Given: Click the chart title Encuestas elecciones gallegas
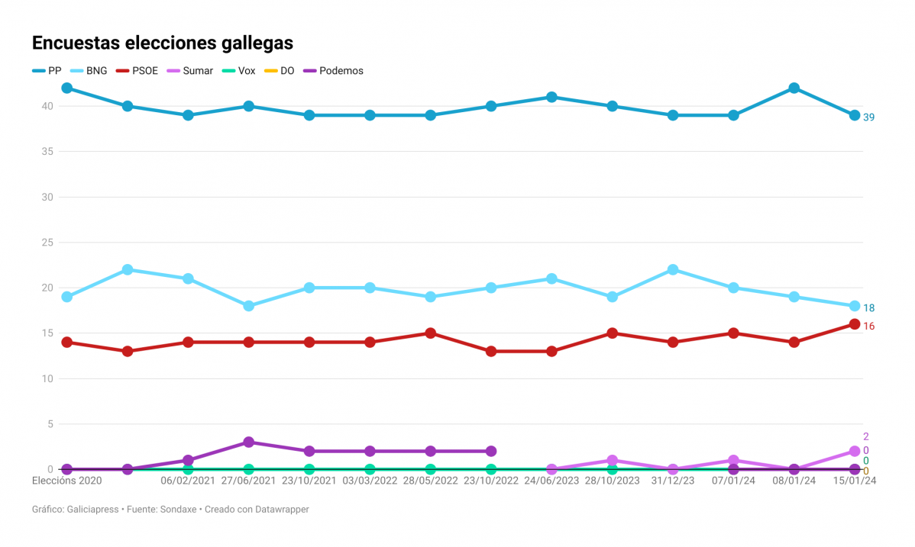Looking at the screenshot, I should pos(162,43).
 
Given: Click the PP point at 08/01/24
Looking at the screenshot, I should pos(794,88).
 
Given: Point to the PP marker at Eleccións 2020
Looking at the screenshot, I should pos(66,88).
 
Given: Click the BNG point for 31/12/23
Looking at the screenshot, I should pos(673,269).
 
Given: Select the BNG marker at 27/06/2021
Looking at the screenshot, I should pos(248,306).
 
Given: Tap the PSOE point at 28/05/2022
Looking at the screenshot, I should pos(431,333).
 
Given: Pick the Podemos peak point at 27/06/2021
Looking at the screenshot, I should pos(248,442).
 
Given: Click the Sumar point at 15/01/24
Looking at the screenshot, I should pos(855,452).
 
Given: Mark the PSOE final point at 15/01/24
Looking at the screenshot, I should pos(855,324).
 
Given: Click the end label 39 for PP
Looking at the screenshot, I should pos(868,117).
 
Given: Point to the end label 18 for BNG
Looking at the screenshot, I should pos(868,308).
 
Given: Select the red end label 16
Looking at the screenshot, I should pos(868,327).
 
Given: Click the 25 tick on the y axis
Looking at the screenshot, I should pos(47,243).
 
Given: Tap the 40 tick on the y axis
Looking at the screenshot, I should pos(47,106).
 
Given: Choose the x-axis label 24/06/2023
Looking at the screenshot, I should pos(551,481).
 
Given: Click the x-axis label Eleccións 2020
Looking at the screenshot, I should pos(66,481).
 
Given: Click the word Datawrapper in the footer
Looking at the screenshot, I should pos(279,509).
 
